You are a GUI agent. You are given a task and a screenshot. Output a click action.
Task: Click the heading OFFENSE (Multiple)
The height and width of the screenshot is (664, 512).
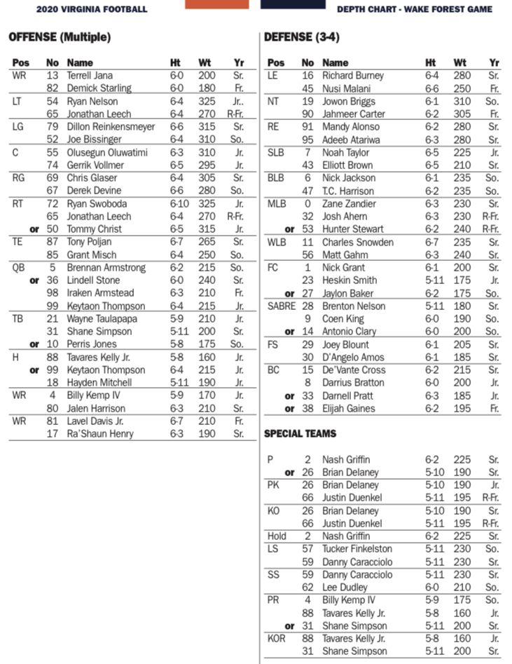pyautogui.click(x=60, y=37)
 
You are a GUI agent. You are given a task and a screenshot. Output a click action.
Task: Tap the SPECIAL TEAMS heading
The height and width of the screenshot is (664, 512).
pyautogui.click(x=300, y=434)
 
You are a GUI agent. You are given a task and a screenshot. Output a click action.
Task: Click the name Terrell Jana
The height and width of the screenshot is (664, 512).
pyautogui.click(x=90, y=76)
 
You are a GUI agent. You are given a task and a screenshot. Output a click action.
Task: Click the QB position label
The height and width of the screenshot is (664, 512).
pyautogui.click(x=19, y=268)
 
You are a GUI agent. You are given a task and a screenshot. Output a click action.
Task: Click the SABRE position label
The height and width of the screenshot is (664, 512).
pyautogui.click(x=282, y=306)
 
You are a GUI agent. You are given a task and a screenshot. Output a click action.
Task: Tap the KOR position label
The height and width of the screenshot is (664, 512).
pyautogui.click(x=277, y=639)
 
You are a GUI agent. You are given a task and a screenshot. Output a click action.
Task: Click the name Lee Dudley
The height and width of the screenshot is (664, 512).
pyautogui.click(x=346, y=588)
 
